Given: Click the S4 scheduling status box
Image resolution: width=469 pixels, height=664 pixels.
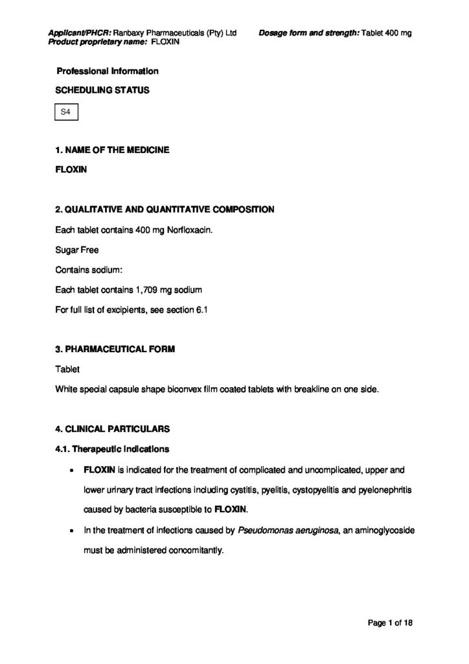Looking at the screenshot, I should [x=65, y=113].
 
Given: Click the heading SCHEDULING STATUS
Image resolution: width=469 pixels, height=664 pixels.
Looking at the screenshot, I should [x=102, y=90].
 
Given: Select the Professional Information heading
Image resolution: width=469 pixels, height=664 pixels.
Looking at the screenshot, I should [x=108, y=71].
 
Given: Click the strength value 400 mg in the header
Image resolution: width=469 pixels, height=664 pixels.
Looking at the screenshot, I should [x=398, y=32].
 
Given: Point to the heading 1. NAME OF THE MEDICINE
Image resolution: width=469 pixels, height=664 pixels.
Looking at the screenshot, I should [x=113, y=150].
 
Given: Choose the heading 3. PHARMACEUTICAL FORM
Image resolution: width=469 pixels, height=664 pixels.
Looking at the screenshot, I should [x=115, y=349].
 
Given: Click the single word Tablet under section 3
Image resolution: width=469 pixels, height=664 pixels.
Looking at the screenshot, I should [x=67, y=369].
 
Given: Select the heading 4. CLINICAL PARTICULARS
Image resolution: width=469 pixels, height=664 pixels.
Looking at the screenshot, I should [x=112, y=429].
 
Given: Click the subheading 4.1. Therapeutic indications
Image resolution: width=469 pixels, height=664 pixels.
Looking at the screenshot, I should [x=113, y=448].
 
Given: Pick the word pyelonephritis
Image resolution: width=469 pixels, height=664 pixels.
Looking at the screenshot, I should [x=379, y=489].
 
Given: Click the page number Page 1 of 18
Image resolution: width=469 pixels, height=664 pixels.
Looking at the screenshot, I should [x=391, y=623].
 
